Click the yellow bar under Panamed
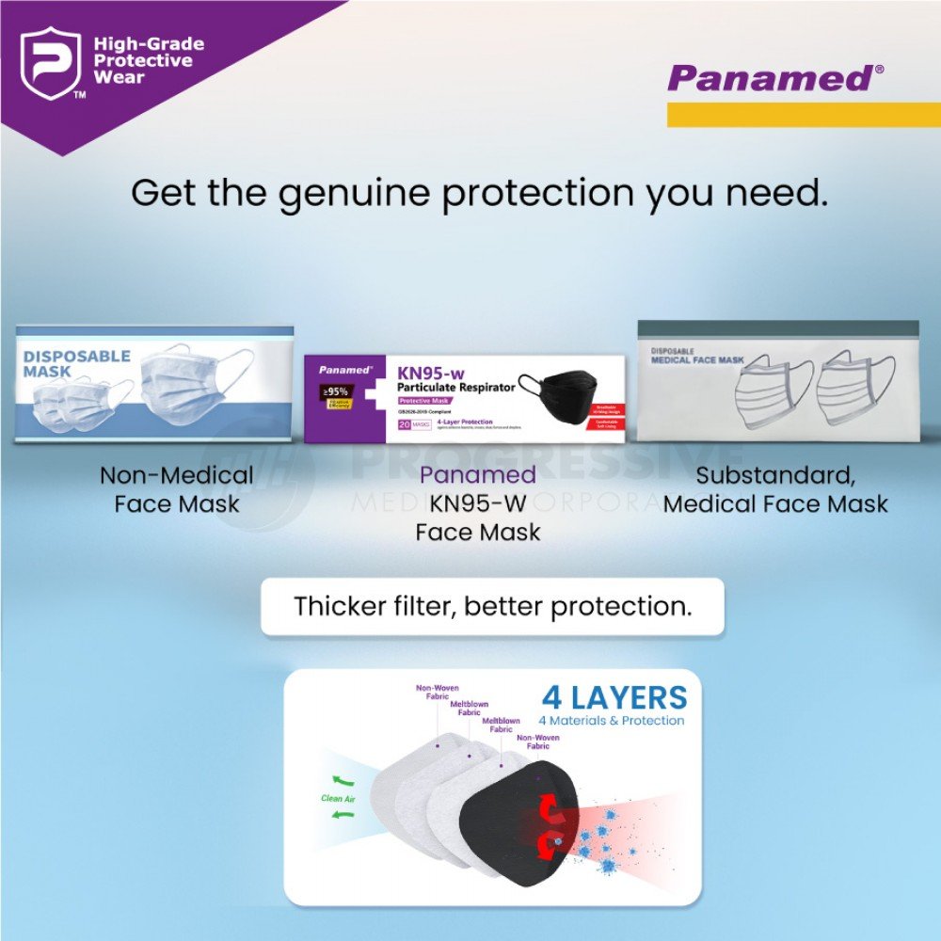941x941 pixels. (x=803, y=115)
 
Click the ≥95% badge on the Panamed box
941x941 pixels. (x=336, y=391)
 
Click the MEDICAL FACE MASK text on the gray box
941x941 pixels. (x=696, y=359)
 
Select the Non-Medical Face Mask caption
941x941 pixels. (x=177, y=489)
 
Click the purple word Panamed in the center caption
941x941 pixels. (x=478, y=475)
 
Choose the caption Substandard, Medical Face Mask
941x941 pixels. (x=775, y=489)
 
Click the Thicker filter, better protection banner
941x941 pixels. (x=492, y=606)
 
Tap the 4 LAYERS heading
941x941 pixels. (x=614, y=698)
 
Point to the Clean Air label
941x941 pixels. (x=338, y=799)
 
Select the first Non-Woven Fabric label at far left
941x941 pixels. (x=438, y=693)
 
